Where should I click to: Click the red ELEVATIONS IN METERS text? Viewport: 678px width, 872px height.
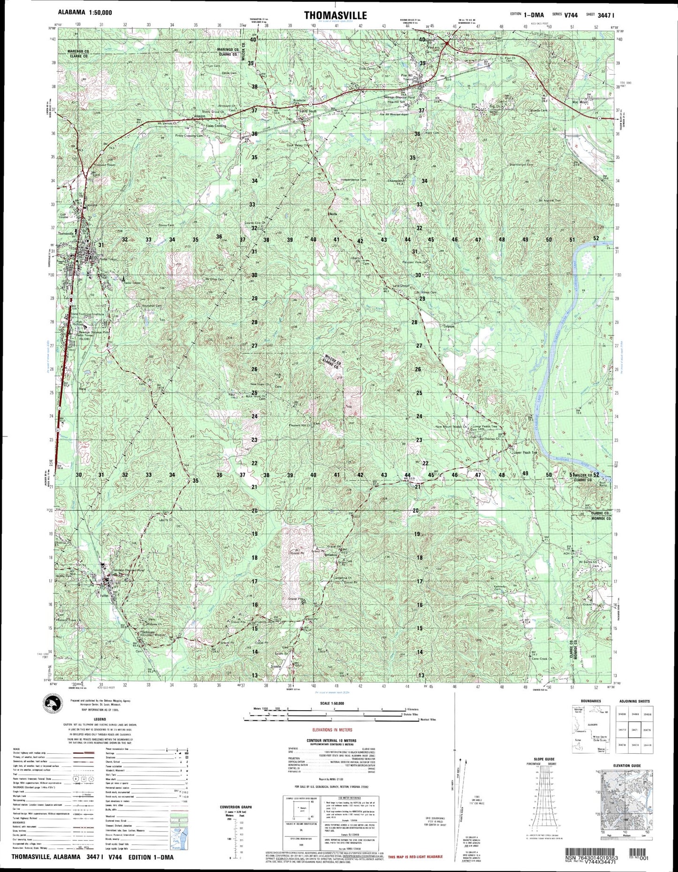click(332, 730)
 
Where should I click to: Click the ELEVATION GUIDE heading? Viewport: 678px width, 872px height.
click(626, 766)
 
